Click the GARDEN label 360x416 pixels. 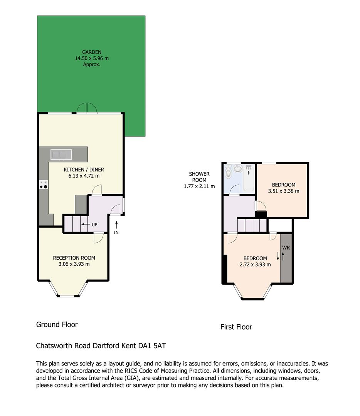coord(91,52)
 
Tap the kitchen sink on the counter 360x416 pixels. coord(61,154)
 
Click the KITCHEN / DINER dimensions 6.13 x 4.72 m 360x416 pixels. coord(84,176)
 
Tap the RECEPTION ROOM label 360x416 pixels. coord(74,258)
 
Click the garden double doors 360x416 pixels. coord(87,109)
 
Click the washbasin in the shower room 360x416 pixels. coord(238,168)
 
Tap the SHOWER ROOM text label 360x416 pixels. coord(199,177)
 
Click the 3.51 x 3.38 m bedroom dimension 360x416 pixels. coord(283,191)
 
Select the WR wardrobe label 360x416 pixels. coord(286,248)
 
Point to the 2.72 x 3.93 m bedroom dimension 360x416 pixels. coord(255,265)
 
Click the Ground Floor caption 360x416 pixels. coord(57,325)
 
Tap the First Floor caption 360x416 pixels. coord(236,327)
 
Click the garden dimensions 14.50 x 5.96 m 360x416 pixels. coord(91,58)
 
